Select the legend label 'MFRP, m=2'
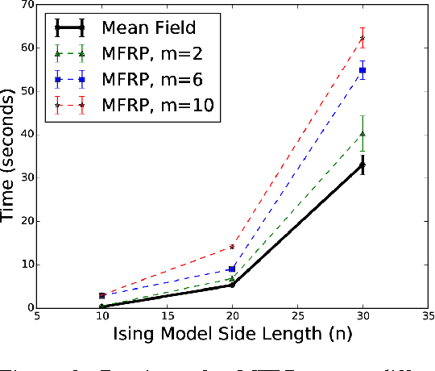tap(144, 54)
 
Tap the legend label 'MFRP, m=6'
tap(144, 79)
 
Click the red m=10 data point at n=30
tap(362, 38)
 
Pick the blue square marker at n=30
tap(362, 70)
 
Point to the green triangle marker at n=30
tap(362, 134)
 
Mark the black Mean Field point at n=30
tap(362, 165)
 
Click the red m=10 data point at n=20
tap(232, 247)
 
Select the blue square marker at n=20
tap(232, 269)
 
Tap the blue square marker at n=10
tap(102, 296)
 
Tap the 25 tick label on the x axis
tap(297, 319)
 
